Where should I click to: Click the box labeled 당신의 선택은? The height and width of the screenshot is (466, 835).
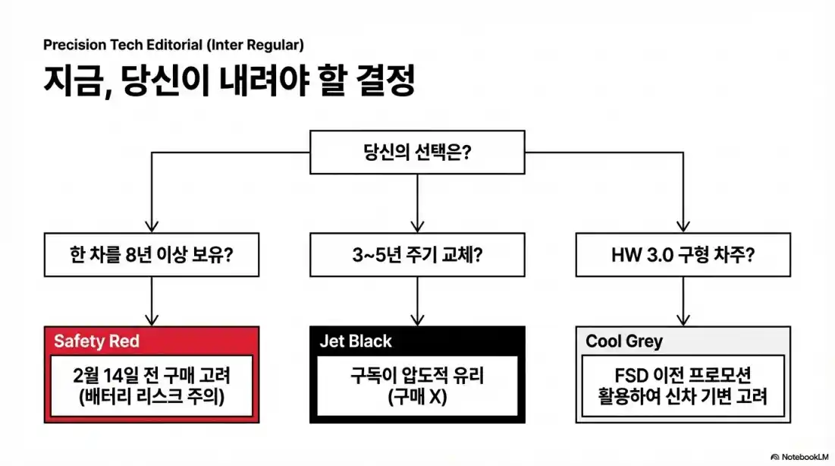coord(417,152)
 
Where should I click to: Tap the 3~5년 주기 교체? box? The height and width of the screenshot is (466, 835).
coord(417,254)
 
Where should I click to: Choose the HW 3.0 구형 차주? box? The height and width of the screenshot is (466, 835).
coord(683,254)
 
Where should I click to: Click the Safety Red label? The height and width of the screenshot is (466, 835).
coord(96,341)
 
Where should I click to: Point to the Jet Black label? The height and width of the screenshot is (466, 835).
coord(356,341)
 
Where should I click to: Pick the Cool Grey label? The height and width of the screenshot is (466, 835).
coord(623,342)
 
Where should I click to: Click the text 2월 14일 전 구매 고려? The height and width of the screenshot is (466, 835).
coord(152,375)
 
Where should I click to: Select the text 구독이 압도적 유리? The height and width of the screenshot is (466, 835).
coord(417,375)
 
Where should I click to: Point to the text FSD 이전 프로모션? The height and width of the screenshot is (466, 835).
coord(683,375)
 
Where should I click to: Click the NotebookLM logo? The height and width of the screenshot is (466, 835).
coord(801,457)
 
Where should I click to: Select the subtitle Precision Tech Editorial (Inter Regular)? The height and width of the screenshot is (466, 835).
coord(174,45)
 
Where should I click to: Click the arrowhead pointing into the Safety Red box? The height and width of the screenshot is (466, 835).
coord(152,320)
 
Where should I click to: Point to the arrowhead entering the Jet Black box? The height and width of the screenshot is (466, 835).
coord(417,320)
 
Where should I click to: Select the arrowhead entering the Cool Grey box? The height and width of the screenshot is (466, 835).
coord(683,320)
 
